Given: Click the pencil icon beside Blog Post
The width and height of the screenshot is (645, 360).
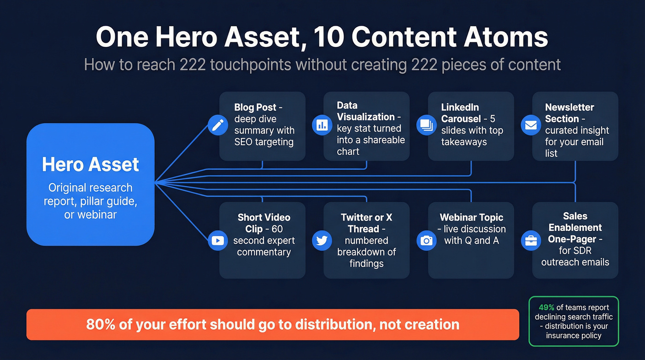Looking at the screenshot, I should (x=217, y=125).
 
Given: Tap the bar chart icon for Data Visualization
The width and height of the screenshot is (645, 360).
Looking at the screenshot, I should (x=322, y=125).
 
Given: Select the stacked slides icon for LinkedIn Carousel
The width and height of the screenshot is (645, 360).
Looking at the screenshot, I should (x=427, y=125).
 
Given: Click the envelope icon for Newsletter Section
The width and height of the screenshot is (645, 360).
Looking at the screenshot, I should (x=531, y=125).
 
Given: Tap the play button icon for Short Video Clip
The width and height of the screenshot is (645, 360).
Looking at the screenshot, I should (x=217, y=240).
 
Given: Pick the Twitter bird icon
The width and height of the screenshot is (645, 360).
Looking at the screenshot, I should (x=322, y=240).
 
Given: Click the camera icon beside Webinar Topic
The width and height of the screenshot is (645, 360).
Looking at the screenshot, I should (x=427, y=240).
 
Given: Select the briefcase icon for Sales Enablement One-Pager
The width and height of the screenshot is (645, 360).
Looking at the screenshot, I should (x=531, y=240).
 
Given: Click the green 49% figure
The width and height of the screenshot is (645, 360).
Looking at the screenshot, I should (x=546, y=307).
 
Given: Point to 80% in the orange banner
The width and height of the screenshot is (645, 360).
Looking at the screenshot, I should (x=100, y=324).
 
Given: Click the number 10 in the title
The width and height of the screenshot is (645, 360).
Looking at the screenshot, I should (x=328, y=37).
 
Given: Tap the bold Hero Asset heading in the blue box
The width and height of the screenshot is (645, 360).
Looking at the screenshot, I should (x=90, y=165).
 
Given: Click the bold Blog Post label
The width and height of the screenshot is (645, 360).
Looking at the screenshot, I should (x=255, y=107).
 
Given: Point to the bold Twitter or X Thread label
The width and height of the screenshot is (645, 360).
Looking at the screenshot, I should (x=366, y=223).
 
